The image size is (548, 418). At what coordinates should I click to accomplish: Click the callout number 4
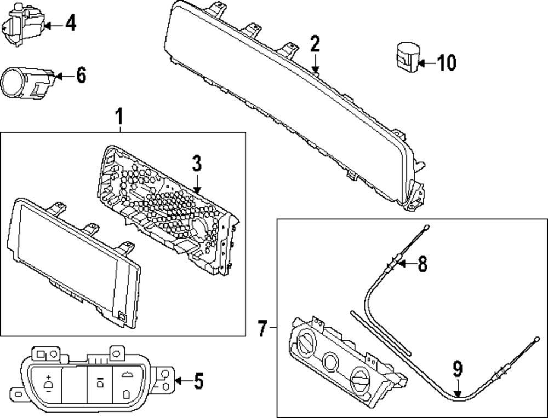click(x=71, y=24)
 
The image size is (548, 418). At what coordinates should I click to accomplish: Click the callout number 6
click(x=81, y=76)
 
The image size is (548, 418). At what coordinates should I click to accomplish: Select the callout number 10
click(x=447, y=63)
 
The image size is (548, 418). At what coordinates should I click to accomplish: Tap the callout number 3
click(x=197, y=162)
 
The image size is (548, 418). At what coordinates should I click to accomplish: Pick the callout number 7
click(x=262, y=329)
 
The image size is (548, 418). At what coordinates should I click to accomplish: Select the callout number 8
click(x=421, y=264)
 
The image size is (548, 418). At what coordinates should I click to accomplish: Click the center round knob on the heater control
click(x=331, y=362)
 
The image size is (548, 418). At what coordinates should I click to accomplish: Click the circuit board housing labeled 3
click(x=170, y=208)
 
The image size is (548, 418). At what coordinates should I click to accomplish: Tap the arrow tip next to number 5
click(x=176, y=381)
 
